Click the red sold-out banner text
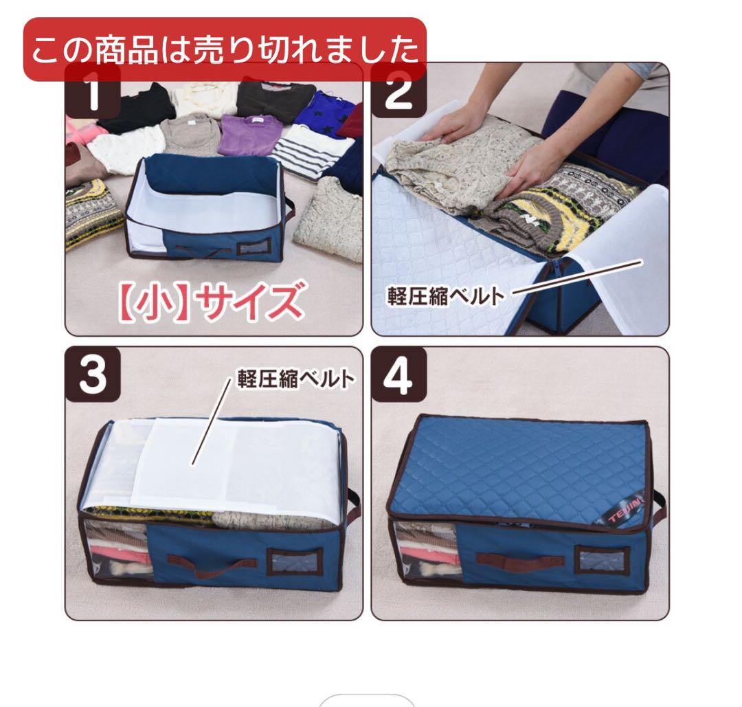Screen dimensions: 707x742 (225, 49)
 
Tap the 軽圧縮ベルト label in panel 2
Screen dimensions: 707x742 (445, 296)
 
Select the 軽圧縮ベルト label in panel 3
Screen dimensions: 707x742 (296, 379)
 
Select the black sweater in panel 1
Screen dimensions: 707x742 (136, 108)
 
